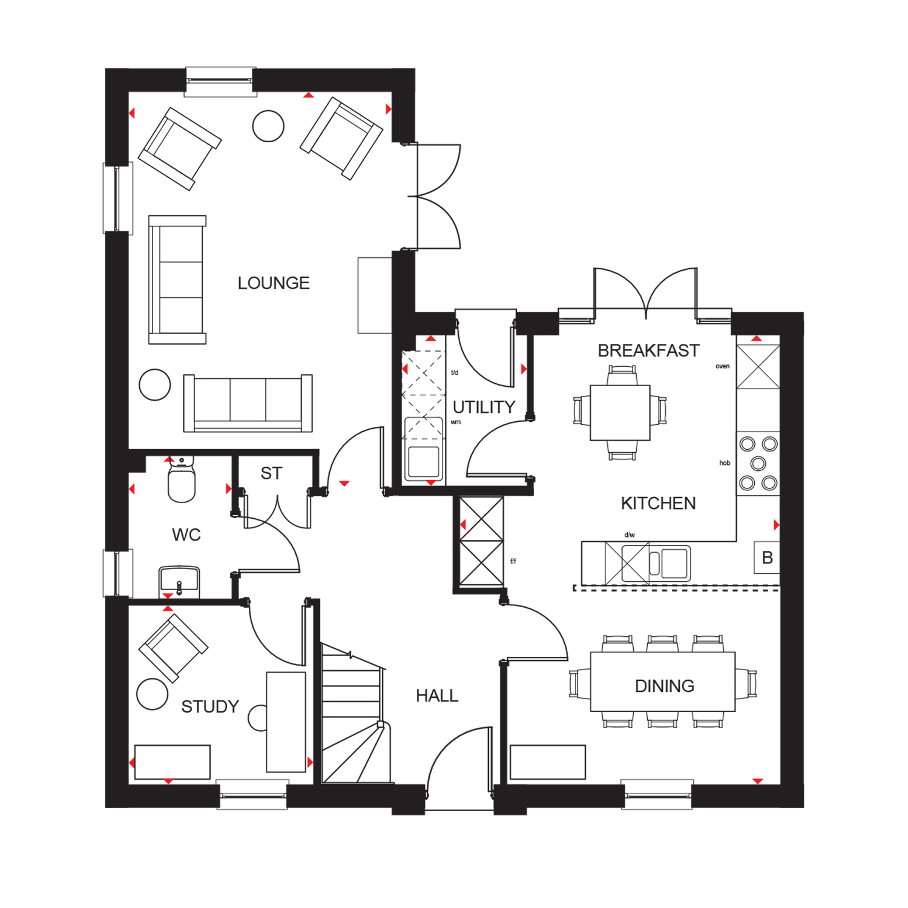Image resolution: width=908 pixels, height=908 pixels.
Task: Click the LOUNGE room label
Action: tap(274, 283)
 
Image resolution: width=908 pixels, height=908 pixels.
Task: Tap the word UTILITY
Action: tap(484, 407)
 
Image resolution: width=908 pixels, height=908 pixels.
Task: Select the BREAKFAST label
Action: tap(648, 350)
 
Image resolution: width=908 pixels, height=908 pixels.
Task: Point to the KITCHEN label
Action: tap(658, 503)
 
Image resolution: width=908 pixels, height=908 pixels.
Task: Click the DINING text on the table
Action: tap(664, 686)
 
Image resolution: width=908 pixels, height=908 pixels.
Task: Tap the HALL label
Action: tap(437, 696)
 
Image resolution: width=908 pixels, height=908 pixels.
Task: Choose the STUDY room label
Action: tap(210, 706)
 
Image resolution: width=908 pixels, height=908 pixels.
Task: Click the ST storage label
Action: tap(271, 473)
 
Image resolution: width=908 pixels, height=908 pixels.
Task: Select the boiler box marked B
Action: tap(767, 558)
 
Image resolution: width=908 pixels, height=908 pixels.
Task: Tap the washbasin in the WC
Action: tap(179, 581)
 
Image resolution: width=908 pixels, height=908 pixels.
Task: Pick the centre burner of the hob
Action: tap(758, 464)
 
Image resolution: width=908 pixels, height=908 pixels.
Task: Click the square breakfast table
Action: tap(620, 413)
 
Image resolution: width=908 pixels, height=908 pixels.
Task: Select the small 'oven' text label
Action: tap(722, 366)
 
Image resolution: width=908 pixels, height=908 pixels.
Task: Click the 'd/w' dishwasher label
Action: tap(630, 535)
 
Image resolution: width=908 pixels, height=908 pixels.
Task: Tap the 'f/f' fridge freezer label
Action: tap(513, 561)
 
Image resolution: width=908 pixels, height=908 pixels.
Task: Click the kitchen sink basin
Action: tap(676, 563)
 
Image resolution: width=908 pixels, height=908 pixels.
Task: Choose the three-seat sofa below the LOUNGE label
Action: tap(248, 403)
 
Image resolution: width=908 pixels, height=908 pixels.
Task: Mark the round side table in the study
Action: tap(152, 694)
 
